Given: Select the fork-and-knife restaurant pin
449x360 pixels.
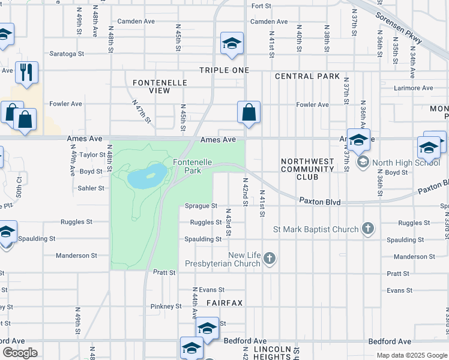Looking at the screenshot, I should (27, 73).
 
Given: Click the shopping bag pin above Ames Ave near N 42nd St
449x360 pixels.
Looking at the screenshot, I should (249, 112).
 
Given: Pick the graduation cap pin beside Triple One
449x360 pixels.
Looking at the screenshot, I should (232, 44).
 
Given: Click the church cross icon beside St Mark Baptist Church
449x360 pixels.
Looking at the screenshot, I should (369, 229).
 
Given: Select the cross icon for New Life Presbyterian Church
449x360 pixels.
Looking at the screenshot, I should (270, 259).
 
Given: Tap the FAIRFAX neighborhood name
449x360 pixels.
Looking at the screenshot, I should (224, 303).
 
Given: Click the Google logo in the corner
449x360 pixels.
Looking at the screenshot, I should (20, 353).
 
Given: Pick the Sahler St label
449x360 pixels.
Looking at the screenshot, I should (91, 188).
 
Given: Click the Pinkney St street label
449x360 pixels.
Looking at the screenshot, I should (166, 306).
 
